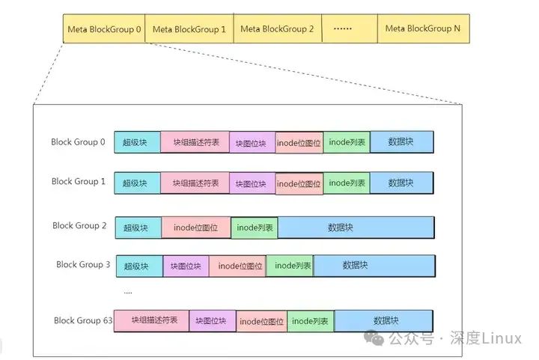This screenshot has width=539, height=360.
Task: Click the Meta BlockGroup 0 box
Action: pyautogui.click(x=104, y=28)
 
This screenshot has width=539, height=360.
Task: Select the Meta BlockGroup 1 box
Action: pyautogui.click(x=189, y=28)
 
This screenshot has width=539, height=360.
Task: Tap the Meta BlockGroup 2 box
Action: pyautogui.click(x=278, y=28)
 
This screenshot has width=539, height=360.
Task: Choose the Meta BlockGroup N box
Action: pyautogui.click(x=423, y=28)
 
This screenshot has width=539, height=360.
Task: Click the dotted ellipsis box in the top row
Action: pyautogui.click(x=350, y=28)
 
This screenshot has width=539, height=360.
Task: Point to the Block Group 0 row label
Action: pyautogui.click(x=78, y=141)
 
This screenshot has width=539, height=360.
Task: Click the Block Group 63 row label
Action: pyautogui.click(x=83, y=320)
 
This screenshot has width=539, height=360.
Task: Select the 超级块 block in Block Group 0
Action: pyautogui.click(x=137, y=142)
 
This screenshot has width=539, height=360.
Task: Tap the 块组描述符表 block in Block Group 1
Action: pyautogui.click(x=195, y=183)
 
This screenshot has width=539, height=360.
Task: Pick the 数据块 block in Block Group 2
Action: pyautogui.click(x=356, y=228)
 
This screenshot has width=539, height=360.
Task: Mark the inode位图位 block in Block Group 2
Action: pyautogui.click(x=195, y=228)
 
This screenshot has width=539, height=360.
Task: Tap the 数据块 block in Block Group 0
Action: pyautogui.click(x=401, y=142)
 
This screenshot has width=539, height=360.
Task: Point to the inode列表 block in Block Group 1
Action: pyautogui.click(x=347, y=183)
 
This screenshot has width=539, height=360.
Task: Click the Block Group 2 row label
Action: pyautogui.click(x=79, y=225)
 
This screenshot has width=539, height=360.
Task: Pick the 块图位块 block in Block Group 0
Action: pyautogui.click(x=252, y=143)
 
